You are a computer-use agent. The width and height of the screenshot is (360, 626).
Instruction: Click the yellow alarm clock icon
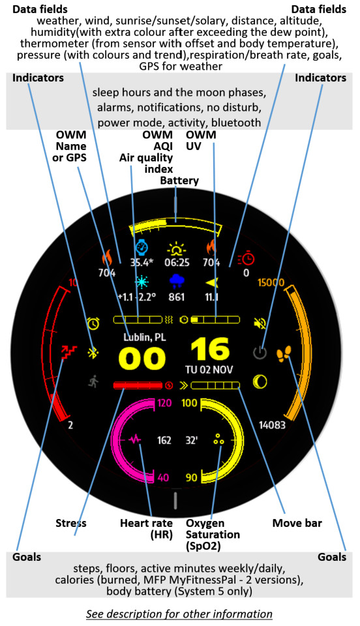pos(93,323)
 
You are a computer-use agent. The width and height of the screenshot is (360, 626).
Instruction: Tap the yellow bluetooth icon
pos(93,353)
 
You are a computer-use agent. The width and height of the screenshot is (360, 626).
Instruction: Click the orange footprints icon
pos(284,353)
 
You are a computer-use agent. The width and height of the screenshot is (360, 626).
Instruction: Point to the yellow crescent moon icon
pos(260,382)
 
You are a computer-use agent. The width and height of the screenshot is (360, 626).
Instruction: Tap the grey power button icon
pos(260,353)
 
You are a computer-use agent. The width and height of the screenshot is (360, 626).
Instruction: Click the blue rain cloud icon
pos(177,281)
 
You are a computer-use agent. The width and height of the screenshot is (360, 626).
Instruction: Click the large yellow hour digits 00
pos(142,358)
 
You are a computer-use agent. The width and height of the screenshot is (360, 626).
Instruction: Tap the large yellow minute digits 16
pos(210,350)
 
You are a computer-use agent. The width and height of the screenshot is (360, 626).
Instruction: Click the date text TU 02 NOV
pos(209,370)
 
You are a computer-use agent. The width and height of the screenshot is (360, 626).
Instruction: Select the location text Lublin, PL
pos(145,337)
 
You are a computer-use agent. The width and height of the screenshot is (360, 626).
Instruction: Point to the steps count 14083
pos(272,425)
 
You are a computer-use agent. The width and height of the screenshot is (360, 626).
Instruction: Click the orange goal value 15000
pos(271,282)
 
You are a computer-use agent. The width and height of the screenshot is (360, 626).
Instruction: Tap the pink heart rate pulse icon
pos(135,440)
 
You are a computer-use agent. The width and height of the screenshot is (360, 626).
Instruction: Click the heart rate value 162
pos(164,440)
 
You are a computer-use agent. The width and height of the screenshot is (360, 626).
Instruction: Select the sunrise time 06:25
pos(177,263)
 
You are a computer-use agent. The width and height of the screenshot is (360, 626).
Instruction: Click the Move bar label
pos(297,523)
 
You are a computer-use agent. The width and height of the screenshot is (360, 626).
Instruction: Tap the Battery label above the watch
pos(179,181)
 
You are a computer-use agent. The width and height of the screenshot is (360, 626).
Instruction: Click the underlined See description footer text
pos(179,614)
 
